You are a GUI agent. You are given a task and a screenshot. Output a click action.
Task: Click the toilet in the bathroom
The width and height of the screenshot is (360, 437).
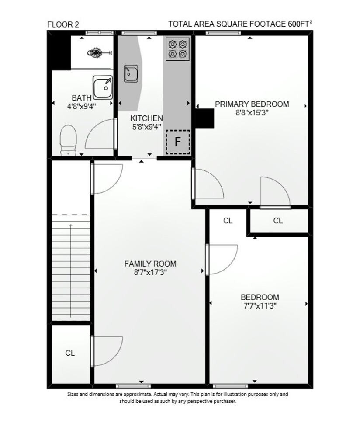68,140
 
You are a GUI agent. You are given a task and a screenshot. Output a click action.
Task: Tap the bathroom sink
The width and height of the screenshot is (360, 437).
103,87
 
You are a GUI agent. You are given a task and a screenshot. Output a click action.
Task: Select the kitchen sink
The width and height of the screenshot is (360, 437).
131,73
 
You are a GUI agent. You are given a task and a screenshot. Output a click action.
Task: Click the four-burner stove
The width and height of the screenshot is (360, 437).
178,49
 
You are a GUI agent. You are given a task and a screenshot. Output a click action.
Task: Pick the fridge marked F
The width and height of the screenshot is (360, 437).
178,142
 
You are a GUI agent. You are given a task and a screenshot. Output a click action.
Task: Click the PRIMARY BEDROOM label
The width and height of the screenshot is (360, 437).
252,104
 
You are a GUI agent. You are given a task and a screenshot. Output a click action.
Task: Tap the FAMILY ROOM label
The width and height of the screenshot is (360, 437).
150,264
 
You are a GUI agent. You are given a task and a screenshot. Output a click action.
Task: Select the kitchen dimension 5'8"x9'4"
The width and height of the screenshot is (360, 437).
146,127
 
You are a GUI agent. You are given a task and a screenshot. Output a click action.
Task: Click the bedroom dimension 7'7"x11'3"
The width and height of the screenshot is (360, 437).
260,306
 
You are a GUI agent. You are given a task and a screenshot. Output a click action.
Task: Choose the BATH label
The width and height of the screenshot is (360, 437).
81,98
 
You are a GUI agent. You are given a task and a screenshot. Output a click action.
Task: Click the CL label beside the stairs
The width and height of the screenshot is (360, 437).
70,353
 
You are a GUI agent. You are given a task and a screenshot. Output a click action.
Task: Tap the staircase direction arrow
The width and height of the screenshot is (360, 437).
71,271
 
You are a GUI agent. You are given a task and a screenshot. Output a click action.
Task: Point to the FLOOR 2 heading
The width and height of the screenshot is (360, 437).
63,24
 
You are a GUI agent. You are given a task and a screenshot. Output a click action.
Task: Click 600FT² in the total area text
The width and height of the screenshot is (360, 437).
300,24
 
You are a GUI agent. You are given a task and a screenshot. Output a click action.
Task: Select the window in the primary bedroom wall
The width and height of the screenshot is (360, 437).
223,33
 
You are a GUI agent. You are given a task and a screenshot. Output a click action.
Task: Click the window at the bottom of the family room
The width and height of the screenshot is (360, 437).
133,386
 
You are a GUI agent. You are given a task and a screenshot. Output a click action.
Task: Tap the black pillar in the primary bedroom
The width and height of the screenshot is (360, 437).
204,118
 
